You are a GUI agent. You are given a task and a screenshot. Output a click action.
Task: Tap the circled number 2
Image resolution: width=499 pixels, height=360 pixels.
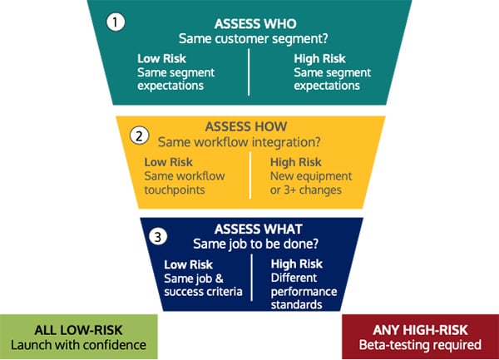click(x=141, y=134)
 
